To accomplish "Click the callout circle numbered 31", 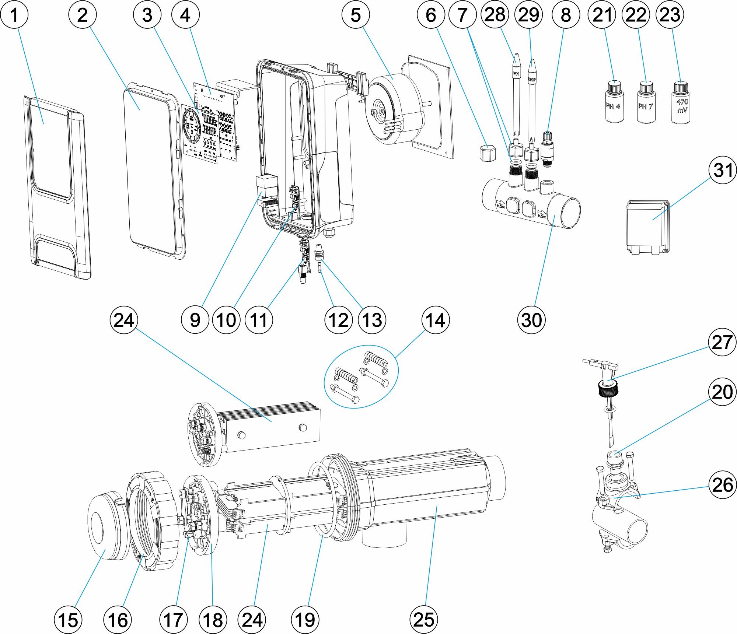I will click(723, 170).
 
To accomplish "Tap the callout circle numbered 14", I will click(435, 320).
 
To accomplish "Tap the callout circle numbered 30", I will click(531, 320).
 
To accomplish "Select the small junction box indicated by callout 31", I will click(647, 227).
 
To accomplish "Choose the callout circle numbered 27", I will click(722, 342).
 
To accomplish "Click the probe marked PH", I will click(516, 96).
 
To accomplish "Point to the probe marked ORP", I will click(532, 99).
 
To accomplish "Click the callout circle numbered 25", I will click(423, 620).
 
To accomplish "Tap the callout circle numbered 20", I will click(722, 392).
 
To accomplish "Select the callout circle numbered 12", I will click(338, 320).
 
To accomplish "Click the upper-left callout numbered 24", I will click(124, 320).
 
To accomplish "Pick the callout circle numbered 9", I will click(195, 320).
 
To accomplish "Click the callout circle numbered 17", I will click(173, 620).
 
